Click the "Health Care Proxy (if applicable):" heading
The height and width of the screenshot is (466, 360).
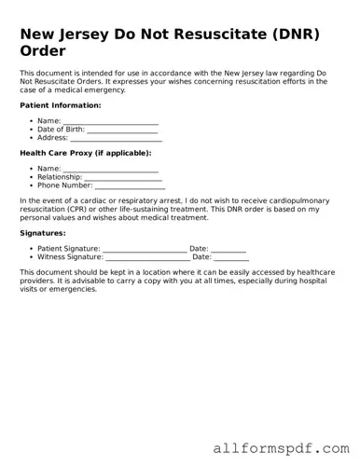(85, 153)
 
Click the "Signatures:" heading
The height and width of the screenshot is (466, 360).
(42, 233)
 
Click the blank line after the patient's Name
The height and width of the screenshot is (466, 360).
(110, 121)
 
